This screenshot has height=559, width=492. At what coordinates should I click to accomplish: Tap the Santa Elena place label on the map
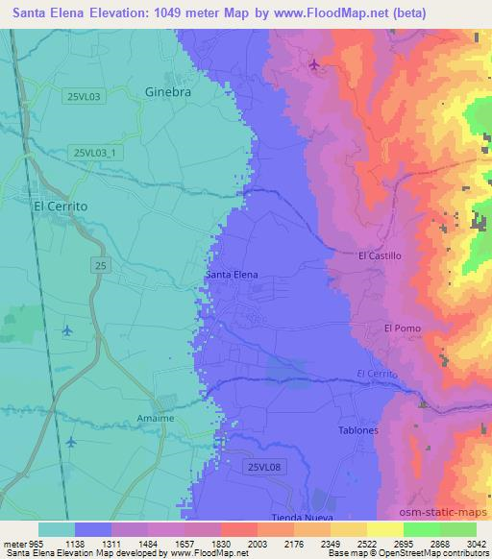pos(232,275)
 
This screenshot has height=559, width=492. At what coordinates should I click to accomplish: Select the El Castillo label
pos(379,256)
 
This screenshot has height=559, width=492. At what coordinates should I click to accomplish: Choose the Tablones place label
pos(358,430)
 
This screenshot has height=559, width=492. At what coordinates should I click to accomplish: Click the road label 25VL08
pos(262,467)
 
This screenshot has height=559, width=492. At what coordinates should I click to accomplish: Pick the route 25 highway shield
pos(101,263)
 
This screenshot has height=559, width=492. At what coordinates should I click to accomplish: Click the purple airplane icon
pos(316,65)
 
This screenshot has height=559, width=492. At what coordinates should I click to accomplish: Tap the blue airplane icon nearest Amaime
pos(72,442)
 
